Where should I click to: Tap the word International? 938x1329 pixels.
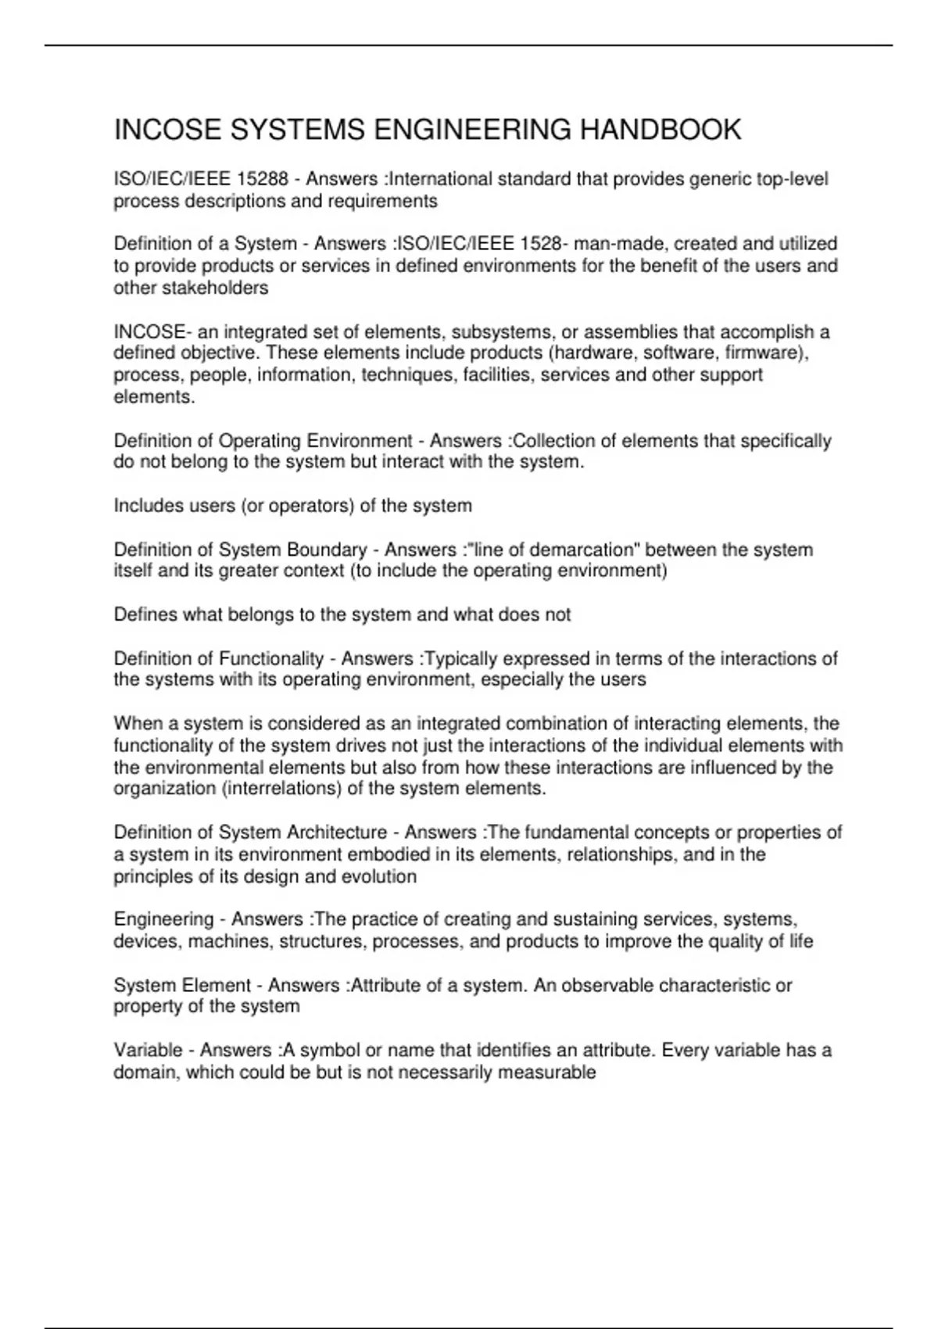[441, 180]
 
